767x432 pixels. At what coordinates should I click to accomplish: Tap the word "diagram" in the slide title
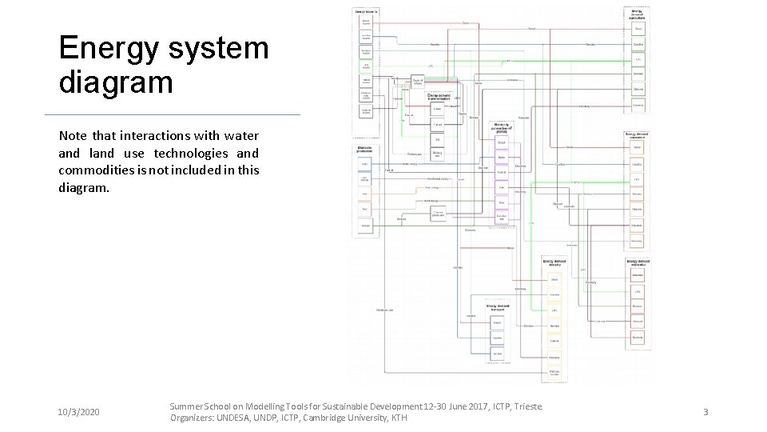[116, 82]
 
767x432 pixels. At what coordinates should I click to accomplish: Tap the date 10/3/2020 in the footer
[79, 412]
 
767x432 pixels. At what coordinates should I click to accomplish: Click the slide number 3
[705, 412]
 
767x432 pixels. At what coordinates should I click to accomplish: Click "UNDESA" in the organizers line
[235, 418]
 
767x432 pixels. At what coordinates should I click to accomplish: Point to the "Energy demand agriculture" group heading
[637, 13]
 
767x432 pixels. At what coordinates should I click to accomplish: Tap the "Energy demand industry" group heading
[554, 263]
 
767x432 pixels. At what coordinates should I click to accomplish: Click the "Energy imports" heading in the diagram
[366, 11]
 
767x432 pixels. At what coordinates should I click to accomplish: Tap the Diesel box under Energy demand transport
[497, 323]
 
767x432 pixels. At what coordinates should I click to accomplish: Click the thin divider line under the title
[172, 115]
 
